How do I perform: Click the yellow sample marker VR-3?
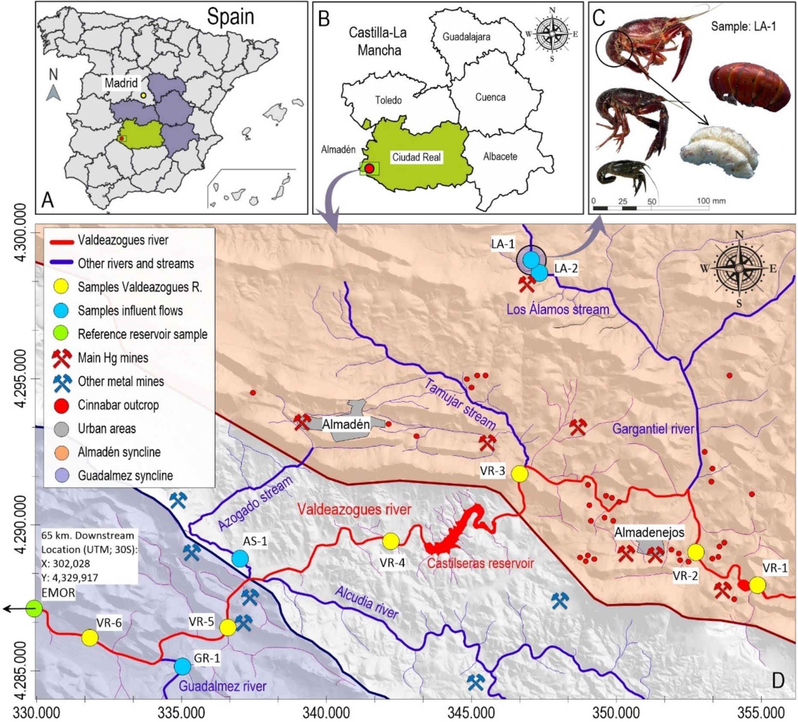tap(520, 474)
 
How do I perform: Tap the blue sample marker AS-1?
tap(240, 558)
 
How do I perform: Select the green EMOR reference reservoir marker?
tap(34, 609)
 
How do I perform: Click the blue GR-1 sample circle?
tap(183, 666)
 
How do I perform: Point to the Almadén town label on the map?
tap(346, 425)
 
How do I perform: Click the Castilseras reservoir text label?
tap(480, 563)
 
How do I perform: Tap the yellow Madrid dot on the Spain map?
tap(144, 96)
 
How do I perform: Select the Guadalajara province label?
tap(466, 37)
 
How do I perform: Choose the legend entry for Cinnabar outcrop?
tap(118, 405)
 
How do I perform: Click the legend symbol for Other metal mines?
tap(62, 382)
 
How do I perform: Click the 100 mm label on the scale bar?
tap(711, 201)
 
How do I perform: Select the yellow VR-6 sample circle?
tap(89, 638)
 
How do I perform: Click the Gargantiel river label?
tap(653, 428)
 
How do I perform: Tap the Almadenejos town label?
tap(649, 532)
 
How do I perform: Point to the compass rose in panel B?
tap(552, 33)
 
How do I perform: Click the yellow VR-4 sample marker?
tap(390, 541)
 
